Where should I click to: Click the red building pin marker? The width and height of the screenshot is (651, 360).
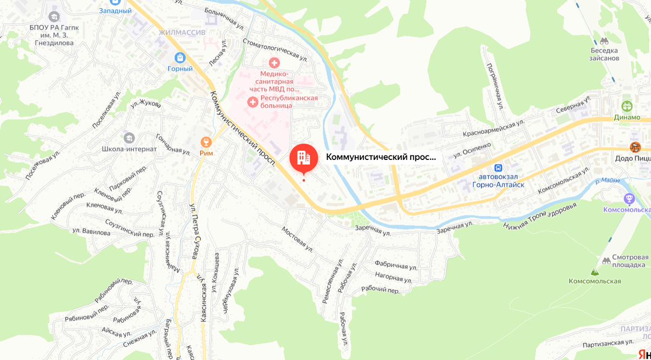[x=304, y=157]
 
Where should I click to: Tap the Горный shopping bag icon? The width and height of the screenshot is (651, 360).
[x=180, y=57]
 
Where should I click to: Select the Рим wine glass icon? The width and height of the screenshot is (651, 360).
[x=206, y=142]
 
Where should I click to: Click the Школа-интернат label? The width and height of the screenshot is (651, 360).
[x=129, y=149]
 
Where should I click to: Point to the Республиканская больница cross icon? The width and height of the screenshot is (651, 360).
[x=252, y=101]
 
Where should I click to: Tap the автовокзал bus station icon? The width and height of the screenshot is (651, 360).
[x=499, y=168]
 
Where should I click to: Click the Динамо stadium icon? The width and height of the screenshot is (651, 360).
[x=628, y=106]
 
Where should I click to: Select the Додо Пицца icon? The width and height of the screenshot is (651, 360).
[x=635, y=147]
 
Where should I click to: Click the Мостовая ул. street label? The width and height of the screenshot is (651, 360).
[x=297, y=239]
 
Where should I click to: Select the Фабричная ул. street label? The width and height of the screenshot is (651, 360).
[x=395, y=267]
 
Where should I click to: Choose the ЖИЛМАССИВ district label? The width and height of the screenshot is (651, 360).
[x=182, y=33]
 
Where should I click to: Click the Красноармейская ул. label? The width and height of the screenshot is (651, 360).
[x=493, y=129]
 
